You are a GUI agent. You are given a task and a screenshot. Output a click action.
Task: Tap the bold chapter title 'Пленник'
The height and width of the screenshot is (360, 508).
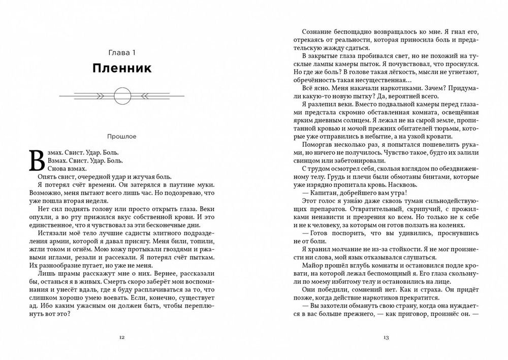tap(122, 69)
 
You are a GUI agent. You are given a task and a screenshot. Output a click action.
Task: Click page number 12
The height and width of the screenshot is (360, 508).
tap(122, 337)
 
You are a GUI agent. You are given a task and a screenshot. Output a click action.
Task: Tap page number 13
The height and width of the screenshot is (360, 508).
tap(386, 337)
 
